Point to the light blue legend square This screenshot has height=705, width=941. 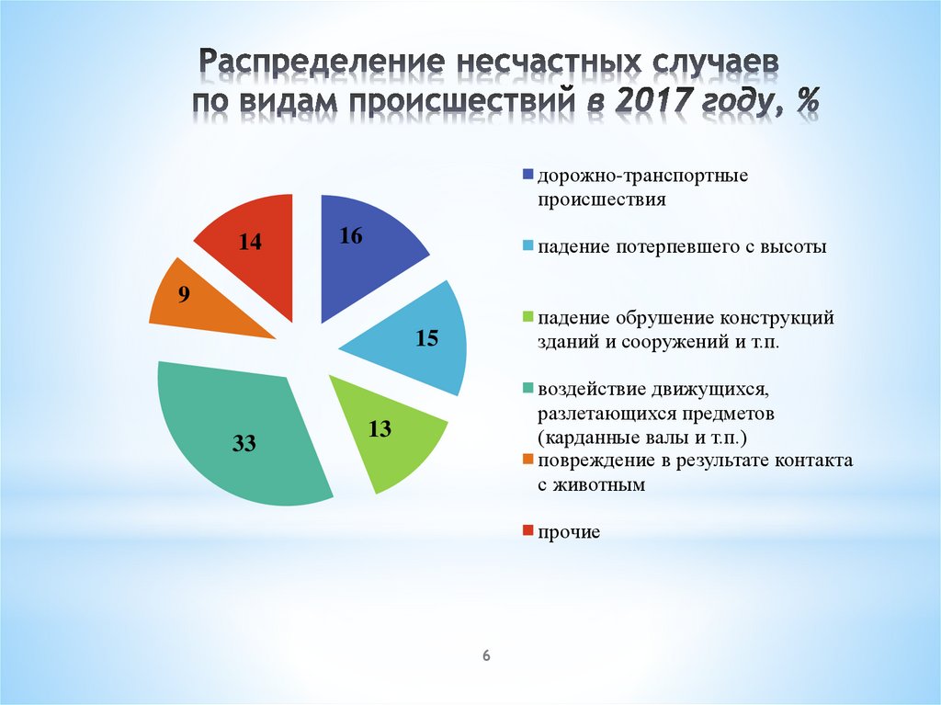click(527, 247)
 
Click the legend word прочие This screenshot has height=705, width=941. click(570, 533)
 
